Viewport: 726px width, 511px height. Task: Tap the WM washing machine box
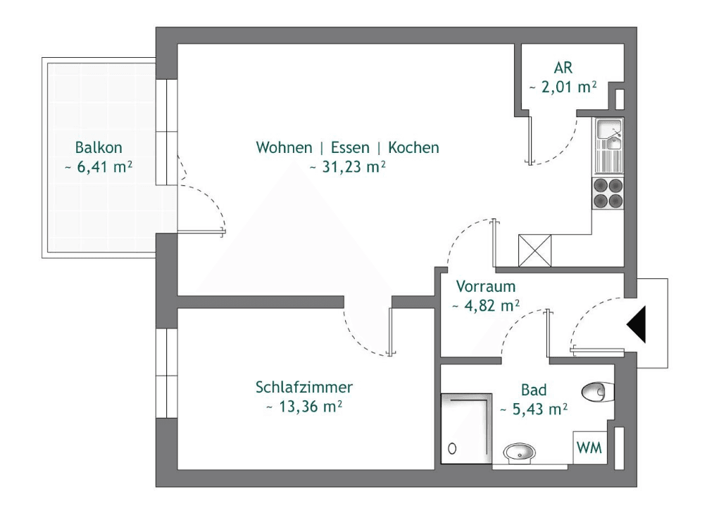tap(589, 448)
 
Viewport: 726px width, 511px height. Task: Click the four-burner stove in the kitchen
tap(608, 192)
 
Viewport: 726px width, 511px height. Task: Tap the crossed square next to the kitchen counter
tap(534, 250)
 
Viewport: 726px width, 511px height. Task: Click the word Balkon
tap(99, 148)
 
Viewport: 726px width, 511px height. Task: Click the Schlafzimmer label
tap(304, 387)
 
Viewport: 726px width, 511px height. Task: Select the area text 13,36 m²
tap(304, 407)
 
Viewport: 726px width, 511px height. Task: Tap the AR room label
tap(563, 68)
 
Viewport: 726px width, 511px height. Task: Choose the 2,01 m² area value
tap(563, 87)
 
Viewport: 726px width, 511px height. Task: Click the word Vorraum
tap(486, 287)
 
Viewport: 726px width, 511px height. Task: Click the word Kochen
tap(413, 148)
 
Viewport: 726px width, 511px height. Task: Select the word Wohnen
tap(284, 148)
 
